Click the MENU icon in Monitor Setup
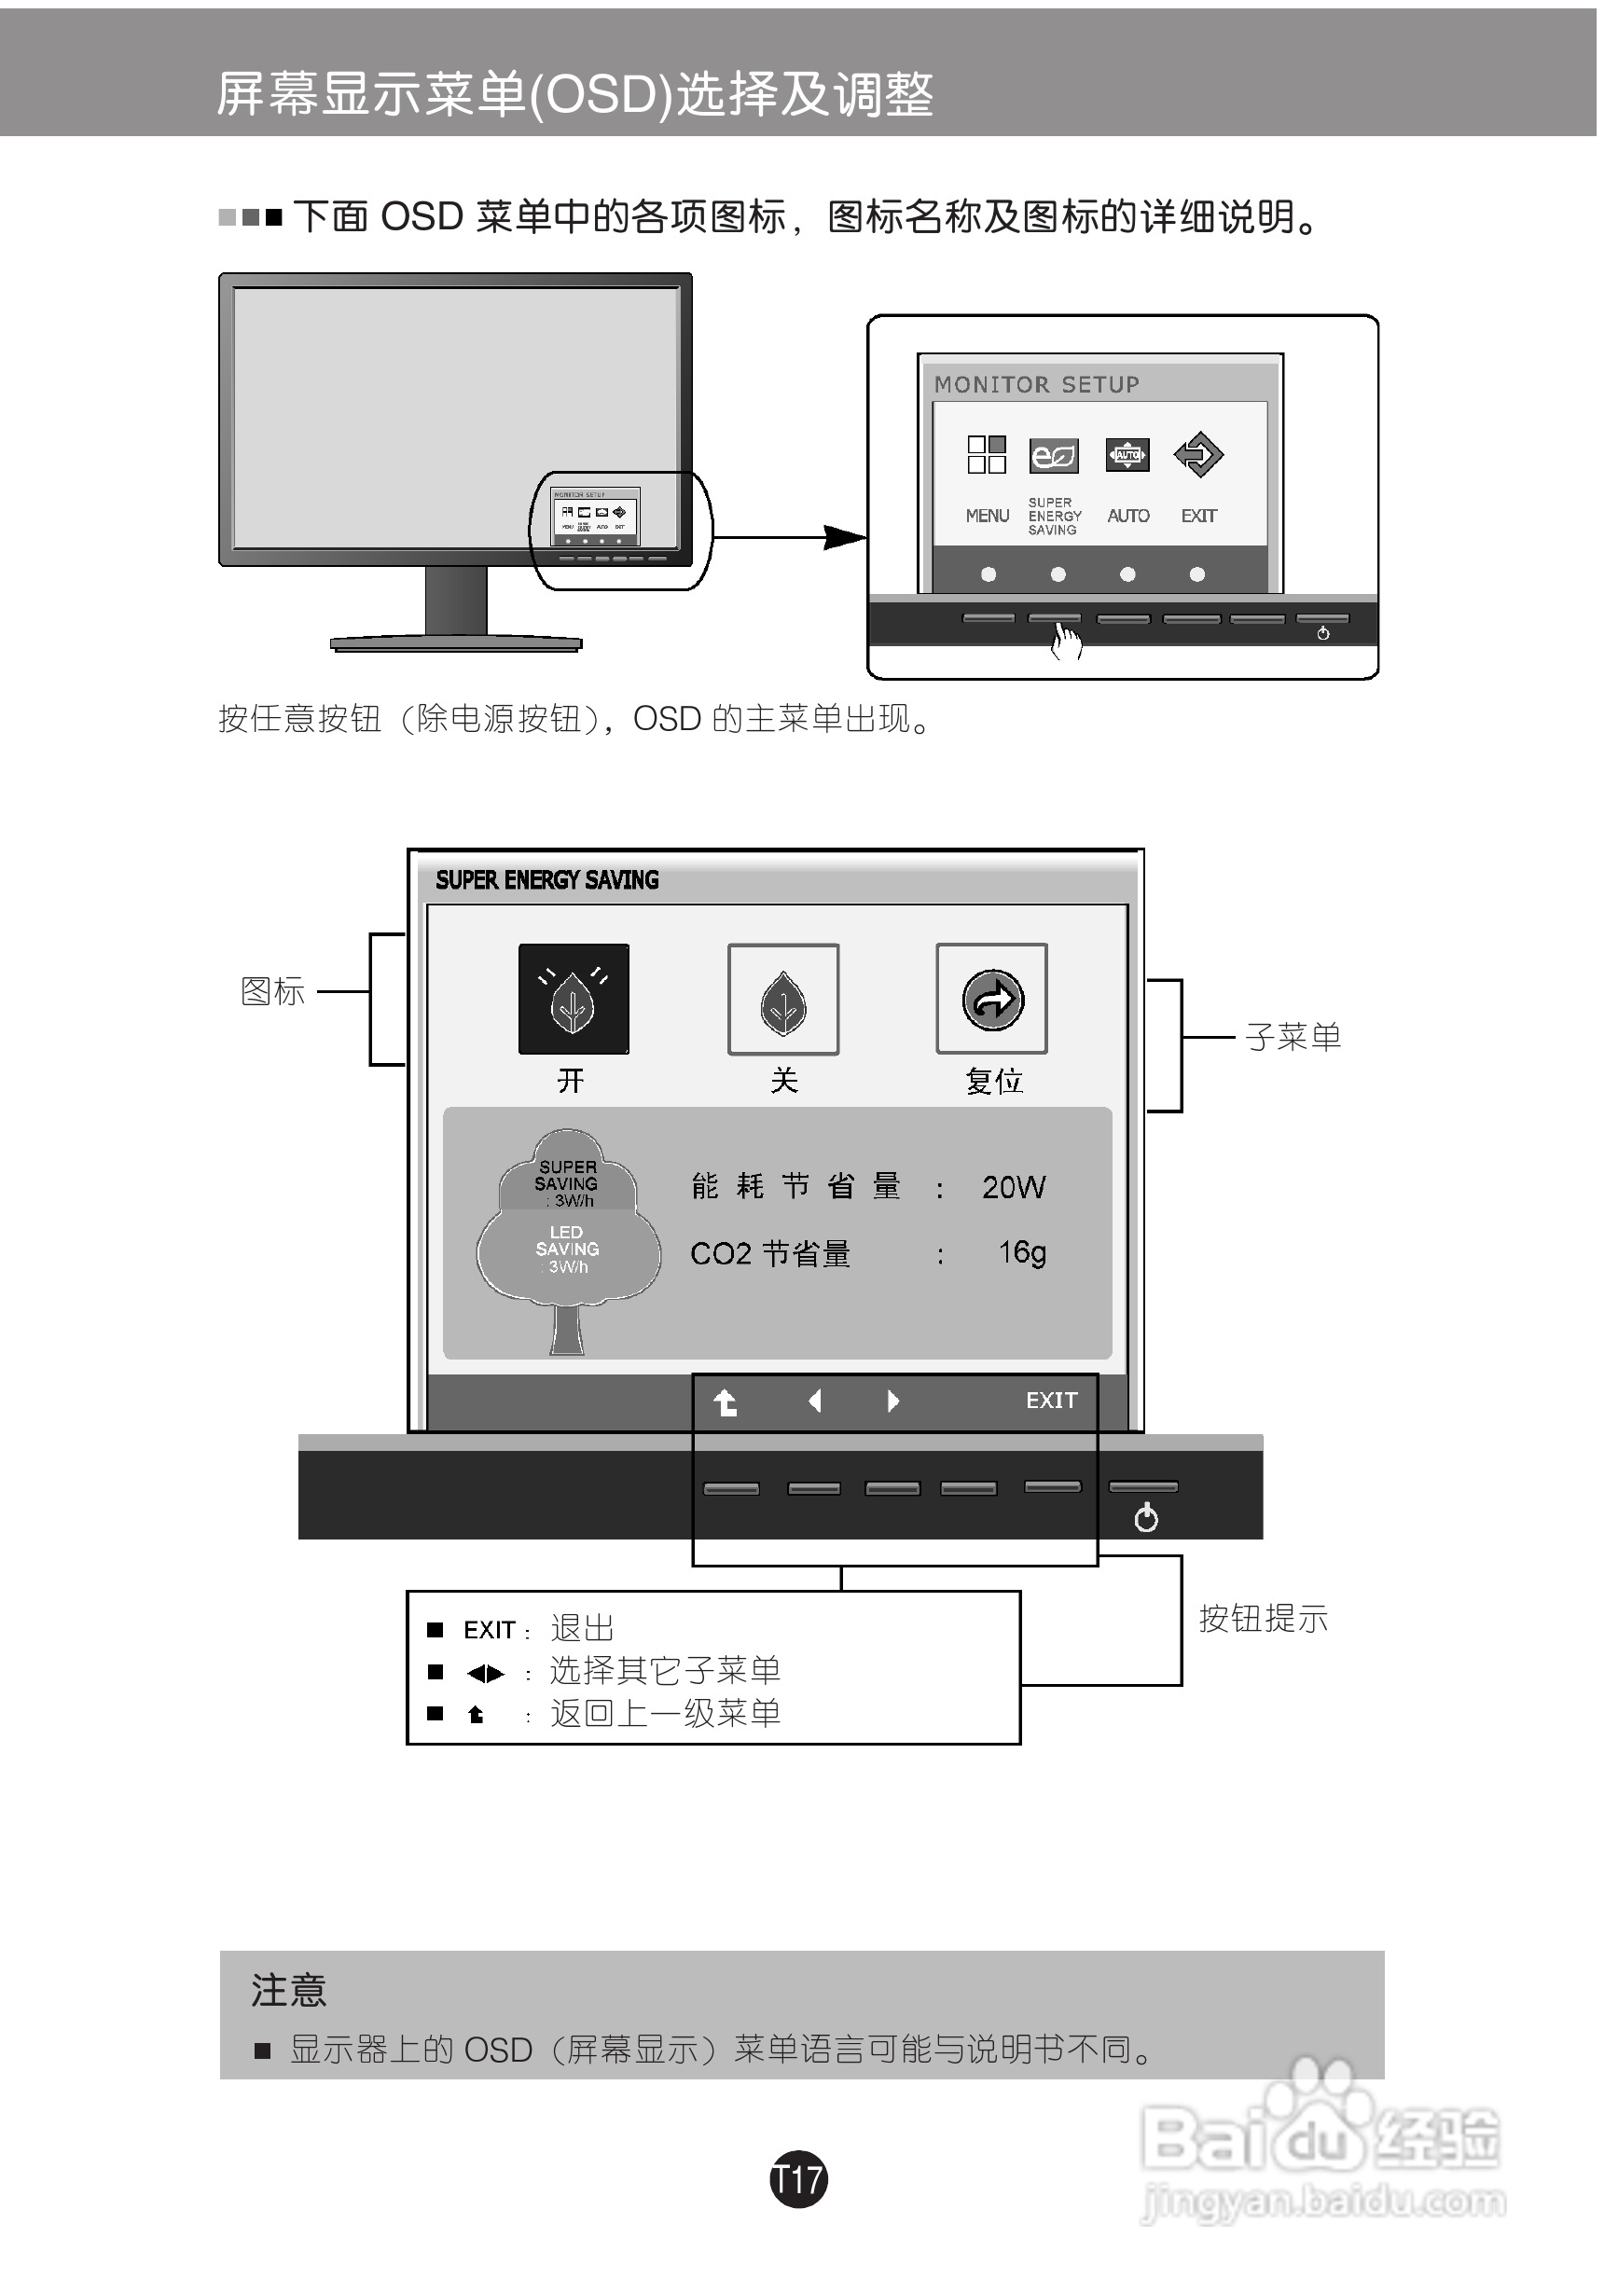click(986, 454)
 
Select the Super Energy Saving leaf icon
click(1053, 455)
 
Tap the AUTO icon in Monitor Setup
click(1127, 455)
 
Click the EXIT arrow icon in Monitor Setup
click(1197, 454)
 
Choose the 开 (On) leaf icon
click(573, 999)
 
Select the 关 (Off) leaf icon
click(782, 1000)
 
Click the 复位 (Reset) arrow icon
click(992, 999)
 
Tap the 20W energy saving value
click(1013, 1187)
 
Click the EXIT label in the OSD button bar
click(1051, 1401)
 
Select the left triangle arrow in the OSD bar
click(814, 1401)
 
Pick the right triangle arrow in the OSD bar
click(892, 1401)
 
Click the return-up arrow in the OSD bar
click(726, 1402)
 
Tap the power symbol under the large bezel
click(1146, 1518)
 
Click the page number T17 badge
click(798, 2179)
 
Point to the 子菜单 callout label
click(1293, 1037)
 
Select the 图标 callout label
click(272, 991)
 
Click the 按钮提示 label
click(1263, 1618)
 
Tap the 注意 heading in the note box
click(288, 1990)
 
